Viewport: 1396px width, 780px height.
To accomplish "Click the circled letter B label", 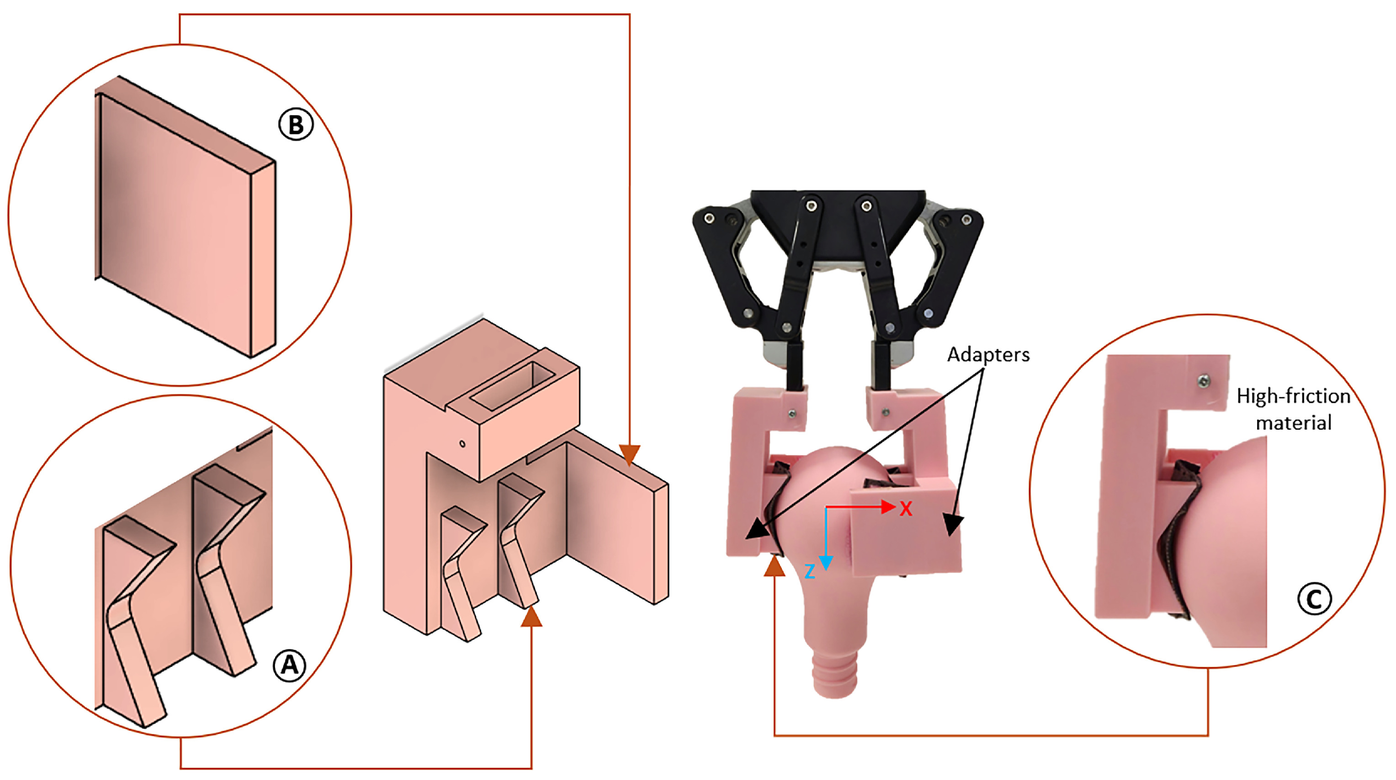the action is tap(296, 125).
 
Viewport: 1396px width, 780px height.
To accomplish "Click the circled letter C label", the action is tap(1315, 599).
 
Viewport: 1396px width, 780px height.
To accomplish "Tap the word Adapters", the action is tap(988, 355).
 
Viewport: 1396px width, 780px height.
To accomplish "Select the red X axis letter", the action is tap(906, 509).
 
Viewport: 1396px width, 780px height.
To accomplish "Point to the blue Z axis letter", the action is tap(810, 571).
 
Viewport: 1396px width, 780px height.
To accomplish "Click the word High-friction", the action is tap(1294, 396).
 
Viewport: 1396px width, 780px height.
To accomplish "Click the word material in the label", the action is tap(1294, 423).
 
